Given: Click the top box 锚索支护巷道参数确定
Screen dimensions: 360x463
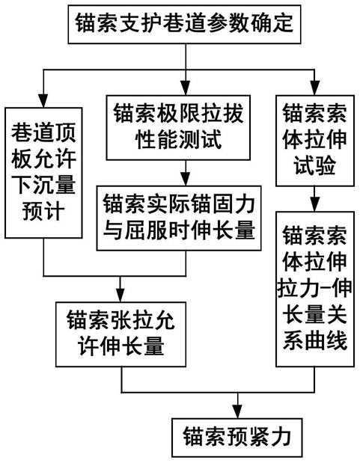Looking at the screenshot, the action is coord(184,24).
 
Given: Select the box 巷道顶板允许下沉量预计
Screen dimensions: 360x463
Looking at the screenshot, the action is coord(43,173).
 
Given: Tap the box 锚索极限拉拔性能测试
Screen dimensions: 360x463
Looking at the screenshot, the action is coord(178,128).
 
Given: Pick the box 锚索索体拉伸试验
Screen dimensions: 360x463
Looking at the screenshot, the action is coord(315,141).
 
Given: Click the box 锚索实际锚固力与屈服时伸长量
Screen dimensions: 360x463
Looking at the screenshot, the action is coord(179,218).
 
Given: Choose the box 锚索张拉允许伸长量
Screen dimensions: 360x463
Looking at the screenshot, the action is coord(120,334).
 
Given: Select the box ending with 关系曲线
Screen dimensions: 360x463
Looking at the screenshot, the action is coord(315,289).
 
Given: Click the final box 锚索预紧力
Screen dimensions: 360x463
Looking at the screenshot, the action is coord(237,438).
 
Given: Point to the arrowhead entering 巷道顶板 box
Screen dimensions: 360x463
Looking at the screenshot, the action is coord(43,101).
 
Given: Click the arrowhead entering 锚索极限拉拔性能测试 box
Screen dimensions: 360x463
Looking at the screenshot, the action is coord(186,89).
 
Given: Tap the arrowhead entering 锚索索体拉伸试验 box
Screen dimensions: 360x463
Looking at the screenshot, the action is coord(314,89).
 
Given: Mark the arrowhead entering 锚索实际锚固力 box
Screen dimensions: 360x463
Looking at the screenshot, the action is coord(186,180).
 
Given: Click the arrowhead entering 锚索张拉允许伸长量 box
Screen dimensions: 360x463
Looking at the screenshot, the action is coord(120,295).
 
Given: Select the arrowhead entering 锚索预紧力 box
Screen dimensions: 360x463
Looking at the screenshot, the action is coord(237,412).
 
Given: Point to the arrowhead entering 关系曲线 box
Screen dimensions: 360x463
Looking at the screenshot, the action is coord(314,205).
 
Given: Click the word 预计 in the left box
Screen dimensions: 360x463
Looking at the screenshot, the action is coord(43,211).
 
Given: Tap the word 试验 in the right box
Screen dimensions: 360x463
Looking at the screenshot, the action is coord(315,165).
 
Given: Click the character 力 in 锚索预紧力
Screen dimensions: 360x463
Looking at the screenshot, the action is coord(281,437).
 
